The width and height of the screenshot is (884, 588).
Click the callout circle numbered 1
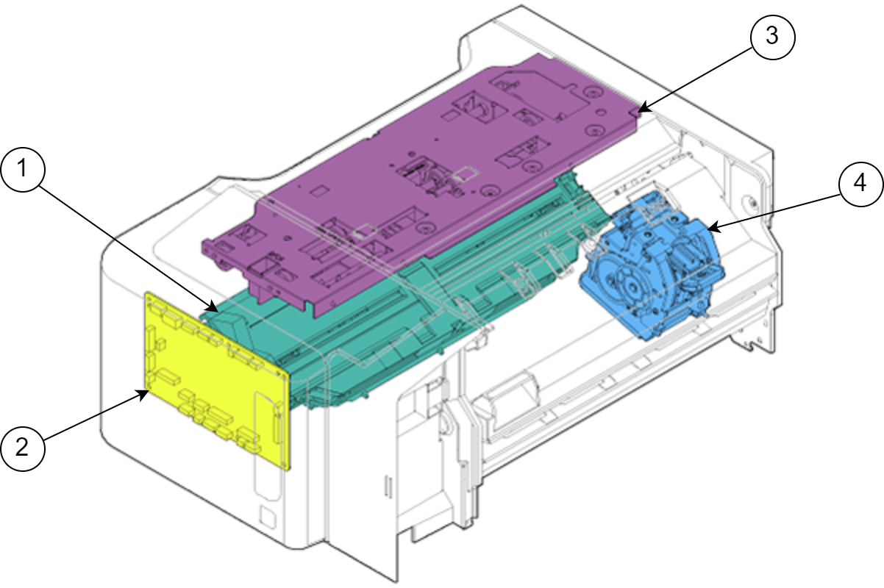[23, 170]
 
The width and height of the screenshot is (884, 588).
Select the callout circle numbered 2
[23, 449]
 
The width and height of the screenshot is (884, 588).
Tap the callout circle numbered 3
[772, 37]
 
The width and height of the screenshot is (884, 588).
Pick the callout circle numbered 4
[860, 184]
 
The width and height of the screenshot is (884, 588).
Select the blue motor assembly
[651, 268]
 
